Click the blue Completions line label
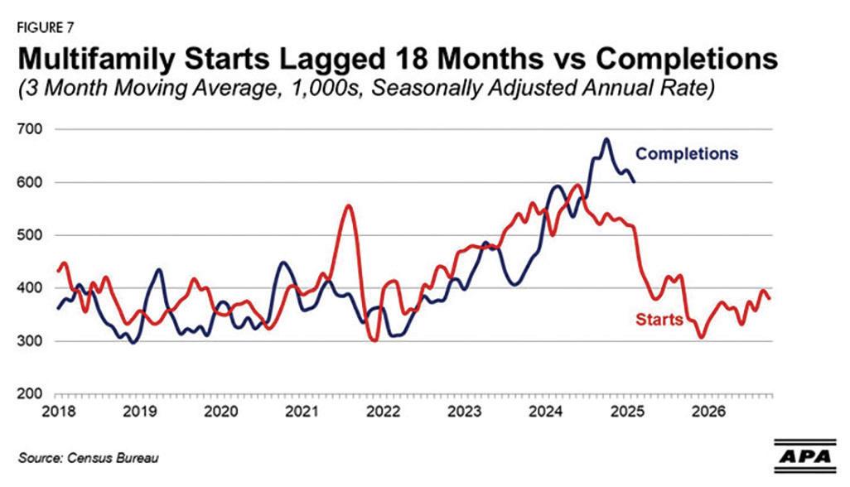click(686, 153)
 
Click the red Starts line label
click(659, 319)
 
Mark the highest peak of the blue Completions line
click(606, 139)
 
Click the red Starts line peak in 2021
click(349, 205)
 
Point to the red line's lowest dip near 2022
click(374, 340)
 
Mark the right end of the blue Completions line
click(635, 182)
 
